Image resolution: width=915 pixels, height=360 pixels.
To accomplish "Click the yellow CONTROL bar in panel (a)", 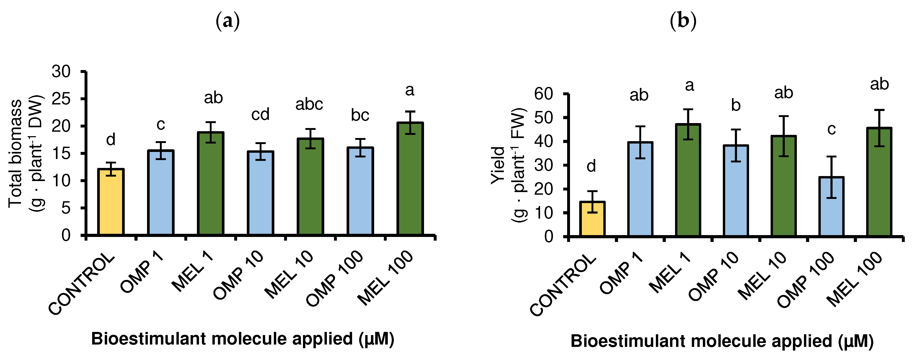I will (x=111, y=202).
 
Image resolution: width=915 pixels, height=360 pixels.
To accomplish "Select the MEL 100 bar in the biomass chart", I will (x=410, y=179).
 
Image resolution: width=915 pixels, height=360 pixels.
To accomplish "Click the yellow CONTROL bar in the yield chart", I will (x=592, y=219).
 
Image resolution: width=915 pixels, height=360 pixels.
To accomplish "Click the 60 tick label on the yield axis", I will (x=543, y=94).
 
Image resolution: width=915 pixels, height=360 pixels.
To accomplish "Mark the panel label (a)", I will (x=228, y=21).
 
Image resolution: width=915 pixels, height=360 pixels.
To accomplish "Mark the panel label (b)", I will (x=683, y=21).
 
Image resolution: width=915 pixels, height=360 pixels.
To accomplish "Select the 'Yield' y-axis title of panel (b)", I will (x=498, y=165).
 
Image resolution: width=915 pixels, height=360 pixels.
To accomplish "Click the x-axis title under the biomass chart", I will (x=243, y=339).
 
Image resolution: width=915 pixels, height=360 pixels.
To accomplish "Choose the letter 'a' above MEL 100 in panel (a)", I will (x=410, y=90).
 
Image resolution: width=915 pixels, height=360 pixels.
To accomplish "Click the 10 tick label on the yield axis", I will (x=543, y=213).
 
